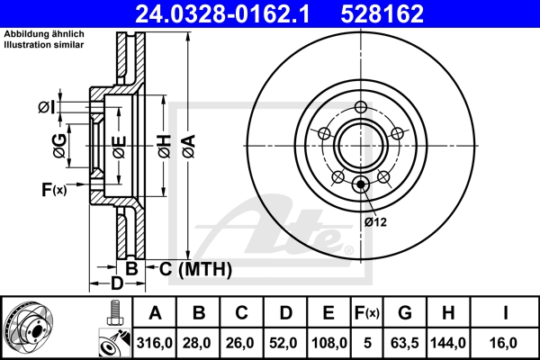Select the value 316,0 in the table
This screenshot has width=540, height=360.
pos(155,343)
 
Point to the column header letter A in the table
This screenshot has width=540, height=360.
pos(155,313)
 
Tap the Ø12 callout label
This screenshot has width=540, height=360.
pos(375,222)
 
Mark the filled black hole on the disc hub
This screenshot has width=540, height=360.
pos(361,185)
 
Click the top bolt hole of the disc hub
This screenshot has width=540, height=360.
pos(361,108)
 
